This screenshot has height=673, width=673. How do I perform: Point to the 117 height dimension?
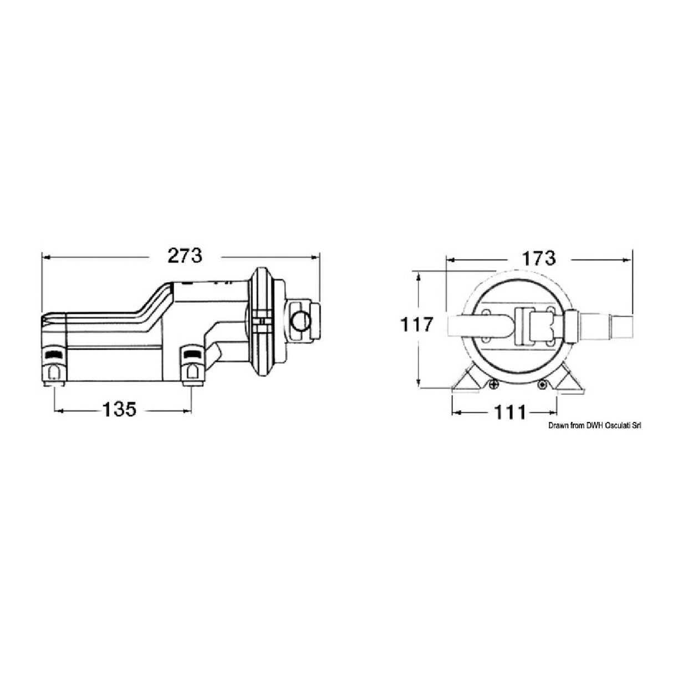point(416,325)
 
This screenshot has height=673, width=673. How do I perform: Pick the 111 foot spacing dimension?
point(508,412)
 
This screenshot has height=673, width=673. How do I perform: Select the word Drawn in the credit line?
point(559,425)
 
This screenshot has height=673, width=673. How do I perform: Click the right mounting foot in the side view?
point(191,368)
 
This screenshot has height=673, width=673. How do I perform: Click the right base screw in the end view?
point(542,385)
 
